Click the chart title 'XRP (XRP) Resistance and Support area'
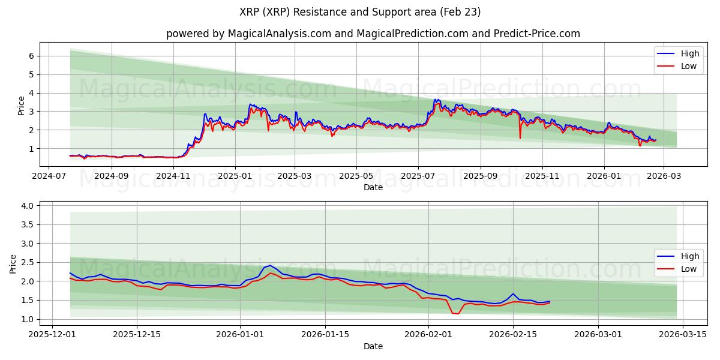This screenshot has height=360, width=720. pos(360,12)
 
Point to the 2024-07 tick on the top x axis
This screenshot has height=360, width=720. pos(50,177)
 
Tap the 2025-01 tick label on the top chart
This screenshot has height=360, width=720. pos(235,177)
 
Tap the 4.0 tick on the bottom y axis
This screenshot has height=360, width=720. pos(27,206)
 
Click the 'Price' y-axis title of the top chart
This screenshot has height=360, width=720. pos(22,105)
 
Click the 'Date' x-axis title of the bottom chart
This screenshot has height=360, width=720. pos(373,346)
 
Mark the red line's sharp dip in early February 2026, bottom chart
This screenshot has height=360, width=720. pos(458,313)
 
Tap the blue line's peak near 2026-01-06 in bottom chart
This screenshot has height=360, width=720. pos(270,265)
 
